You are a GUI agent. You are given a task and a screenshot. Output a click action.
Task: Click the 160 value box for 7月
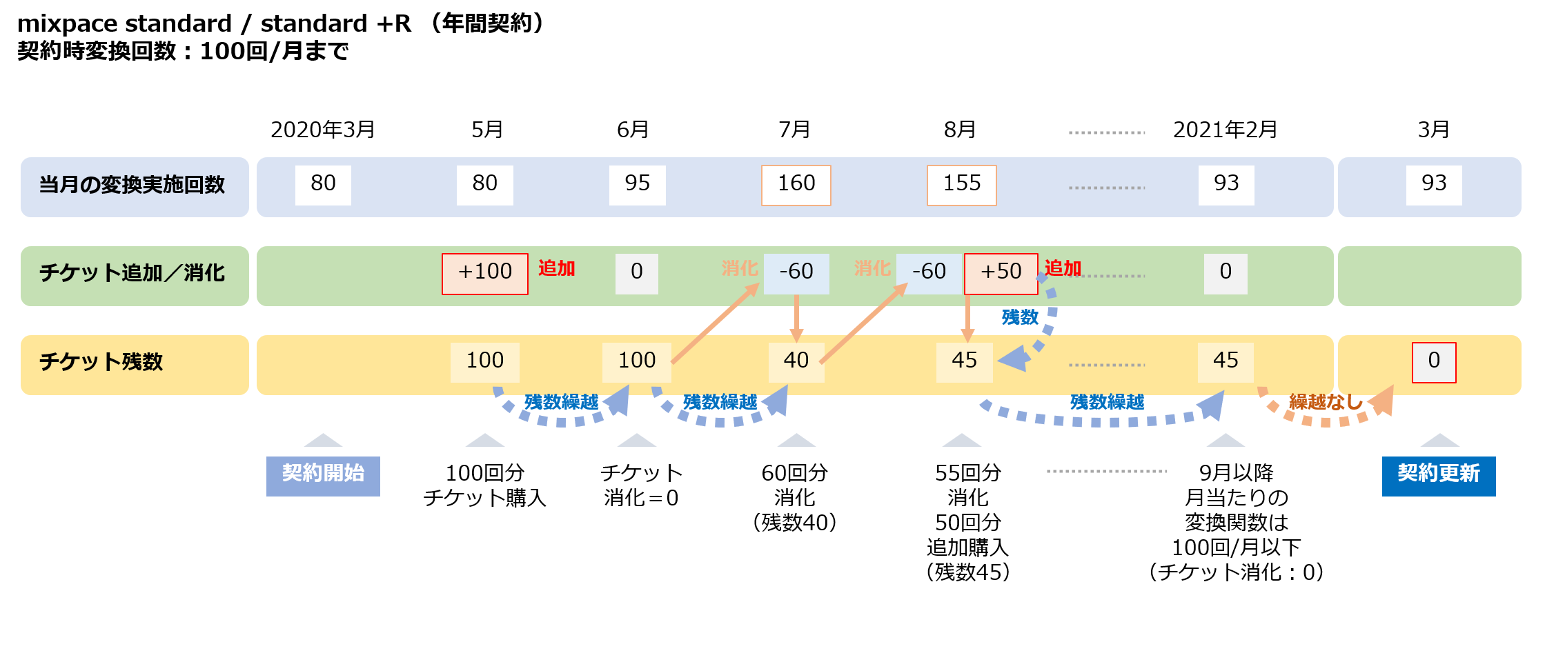(x=796, y=185)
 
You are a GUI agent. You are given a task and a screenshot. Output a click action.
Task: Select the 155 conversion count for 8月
(x=961, y=185)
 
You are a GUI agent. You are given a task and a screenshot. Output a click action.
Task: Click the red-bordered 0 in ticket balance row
(x=1433, y=362)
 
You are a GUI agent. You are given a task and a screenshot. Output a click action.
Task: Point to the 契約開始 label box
(x=323, y=475)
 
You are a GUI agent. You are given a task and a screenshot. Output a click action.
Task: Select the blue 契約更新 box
(x=1438, y=475)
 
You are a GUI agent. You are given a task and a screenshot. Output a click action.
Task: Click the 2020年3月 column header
(x=322, y=130)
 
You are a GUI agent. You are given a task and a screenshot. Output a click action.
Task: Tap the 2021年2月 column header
(x=1225, y=130)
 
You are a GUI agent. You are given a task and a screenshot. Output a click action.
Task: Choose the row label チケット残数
(x=101, y=362)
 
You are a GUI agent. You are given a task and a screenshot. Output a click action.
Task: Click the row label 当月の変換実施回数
(x=132, y=185)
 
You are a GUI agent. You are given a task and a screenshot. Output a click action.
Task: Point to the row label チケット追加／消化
(x=132, y=274)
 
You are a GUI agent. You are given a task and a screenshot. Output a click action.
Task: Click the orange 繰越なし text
(x=1325, y=401)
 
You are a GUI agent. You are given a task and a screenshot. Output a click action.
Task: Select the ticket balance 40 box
(x=796, y=361)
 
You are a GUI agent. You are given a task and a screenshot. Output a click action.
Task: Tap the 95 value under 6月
(x=637, y=185)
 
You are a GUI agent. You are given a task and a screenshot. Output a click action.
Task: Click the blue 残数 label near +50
(x=1020, y=317)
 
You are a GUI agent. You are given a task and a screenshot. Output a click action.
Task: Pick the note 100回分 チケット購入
(x=484, y=485)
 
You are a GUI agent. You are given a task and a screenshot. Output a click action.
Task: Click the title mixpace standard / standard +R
(x=214, y=24)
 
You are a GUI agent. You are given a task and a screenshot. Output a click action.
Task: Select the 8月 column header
(x=960, y=130)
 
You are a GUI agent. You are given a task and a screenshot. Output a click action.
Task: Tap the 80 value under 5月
(x=484, y=185)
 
